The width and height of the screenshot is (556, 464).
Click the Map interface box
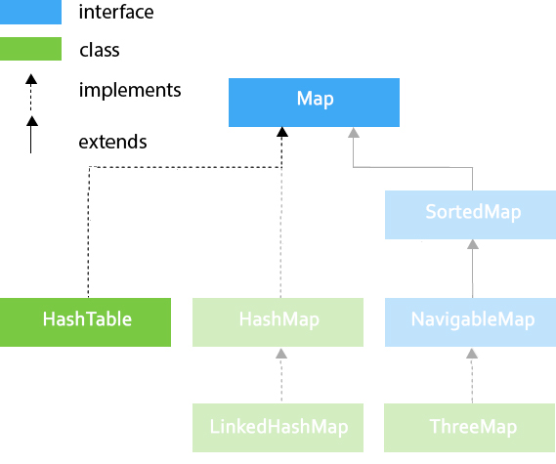(314, 103)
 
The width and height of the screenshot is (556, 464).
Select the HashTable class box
(85, 322)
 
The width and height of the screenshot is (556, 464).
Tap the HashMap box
(278, 322)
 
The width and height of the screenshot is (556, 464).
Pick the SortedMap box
(471, 215)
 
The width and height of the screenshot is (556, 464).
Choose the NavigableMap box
(471, 322)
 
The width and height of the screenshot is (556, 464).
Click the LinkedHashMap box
(278, 428)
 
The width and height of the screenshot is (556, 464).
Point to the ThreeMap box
(470, 428)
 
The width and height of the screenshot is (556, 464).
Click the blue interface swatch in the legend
(30, 12)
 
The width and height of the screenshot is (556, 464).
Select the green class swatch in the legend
(30, 49)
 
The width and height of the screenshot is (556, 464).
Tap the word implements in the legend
(130, 91)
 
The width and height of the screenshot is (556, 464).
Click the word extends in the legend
(112, 142)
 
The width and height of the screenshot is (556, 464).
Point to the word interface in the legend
(116, 12)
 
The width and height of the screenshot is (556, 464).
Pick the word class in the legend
(100, 50)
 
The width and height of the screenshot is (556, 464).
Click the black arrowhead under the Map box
(282, 132)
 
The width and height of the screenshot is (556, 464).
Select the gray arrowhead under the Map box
(354, 133)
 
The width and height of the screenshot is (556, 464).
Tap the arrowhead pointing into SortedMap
(473, 244)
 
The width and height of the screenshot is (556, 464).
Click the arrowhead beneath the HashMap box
(281, 354)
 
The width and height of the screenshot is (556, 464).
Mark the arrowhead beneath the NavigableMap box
(472, 354)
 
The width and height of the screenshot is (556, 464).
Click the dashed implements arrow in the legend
(31, 92)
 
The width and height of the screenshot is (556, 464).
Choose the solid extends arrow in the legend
(31, 135)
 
